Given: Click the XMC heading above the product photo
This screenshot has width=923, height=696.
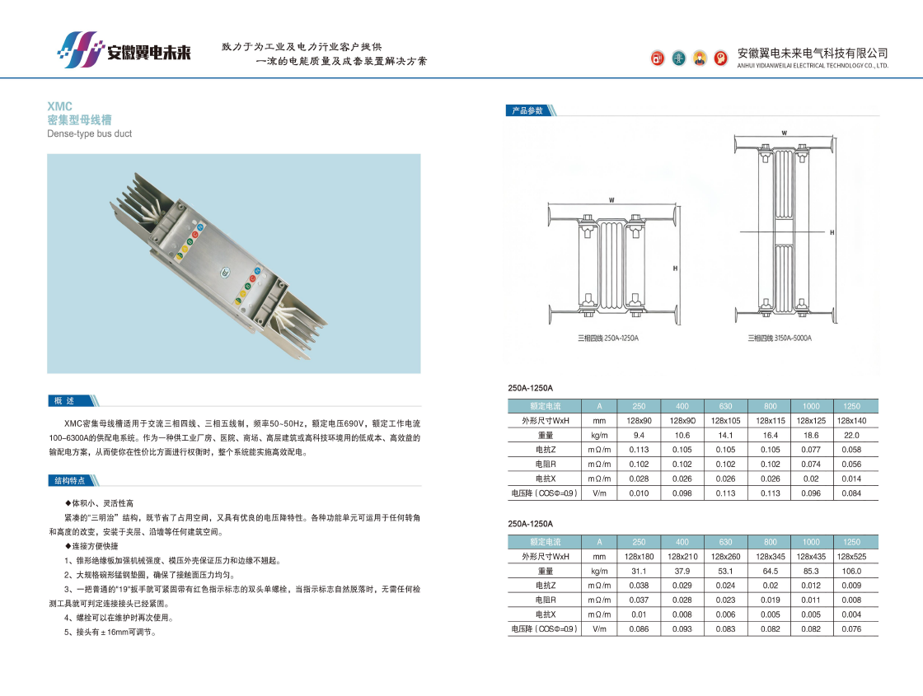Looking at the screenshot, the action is click(x=59, y=106).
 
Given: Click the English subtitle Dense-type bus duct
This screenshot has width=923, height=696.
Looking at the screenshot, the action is click(x=90, y=133).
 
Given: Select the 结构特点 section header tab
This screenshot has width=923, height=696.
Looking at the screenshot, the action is click(x=70, y=481).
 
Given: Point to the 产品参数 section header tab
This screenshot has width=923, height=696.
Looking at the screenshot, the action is click(x=527, y=110).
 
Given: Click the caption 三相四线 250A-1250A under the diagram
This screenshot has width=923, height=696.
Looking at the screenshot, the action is click(x=608, y=339).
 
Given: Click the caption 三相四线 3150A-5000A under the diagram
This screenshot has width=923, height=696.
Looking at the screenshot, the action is click(x=780, y=339).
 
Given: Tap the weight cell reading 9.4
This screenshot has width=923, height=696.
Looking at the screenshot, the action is click(x=639, y=436).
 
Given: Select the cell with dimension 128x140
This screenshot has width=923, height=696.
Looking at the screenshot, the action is click(x=851, y=421).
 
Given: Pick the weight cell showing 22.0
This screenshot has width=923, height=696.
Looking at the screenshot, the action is click(x=851, y=436).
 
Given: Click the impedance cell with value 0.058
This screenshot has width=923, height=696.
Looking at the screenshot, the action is click(x=851, y=450).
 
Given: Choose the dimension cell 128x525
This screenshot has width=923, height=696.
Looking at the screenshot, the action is click(x=851, y=557).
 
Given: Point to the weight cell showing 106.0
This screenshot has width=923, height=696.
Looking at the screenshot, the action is click(x=851, y=572).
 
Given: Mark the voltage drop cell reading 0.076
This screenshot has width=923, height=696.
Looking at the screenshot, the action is click(x=851, y=629).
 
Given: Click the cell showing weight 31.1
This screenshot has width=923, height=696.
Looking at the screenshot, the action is click(x=639, y=572).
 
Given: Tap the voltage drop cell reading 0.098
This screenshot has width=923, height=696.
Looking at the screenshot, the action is click(x=682, y=493).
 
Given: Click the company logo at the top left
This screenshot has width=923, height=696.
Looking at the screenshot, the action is click(x=124, y=50).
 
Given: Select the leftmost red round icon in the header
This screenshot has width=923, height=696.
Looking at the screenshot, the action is click(x=658, y=58).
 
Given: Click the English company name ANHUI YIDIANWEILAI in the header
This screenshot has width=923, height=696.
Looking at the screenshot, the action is click(x=813, y=66).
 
